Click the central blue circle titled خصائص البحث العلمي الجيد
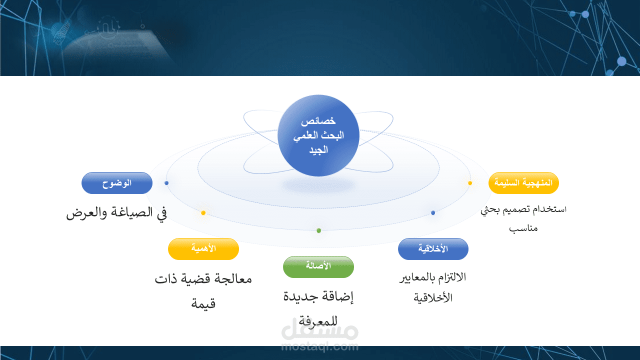pos(318,135)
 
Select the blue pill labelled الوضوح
pos(117,183)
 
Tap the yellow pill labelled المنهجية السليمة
pos(523,183)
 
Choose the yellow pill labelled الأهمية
pos(203,249)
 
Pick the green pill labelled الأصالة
pos(318,267)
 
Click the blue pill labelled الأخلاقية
pos(433,249)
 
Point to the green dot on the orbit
pos(319,230)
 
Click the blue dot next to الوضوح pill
pos(166,183)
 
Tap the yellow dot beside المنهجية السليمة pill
pos(470,183)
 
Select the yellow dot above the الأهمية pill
pos(203,213)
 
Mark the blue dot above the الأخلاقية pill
pos(433,213)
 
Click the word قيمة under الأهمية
pos(203,303)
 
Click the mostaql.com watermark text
pos(319,347)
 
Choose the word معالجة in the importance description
pos(233,279)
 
